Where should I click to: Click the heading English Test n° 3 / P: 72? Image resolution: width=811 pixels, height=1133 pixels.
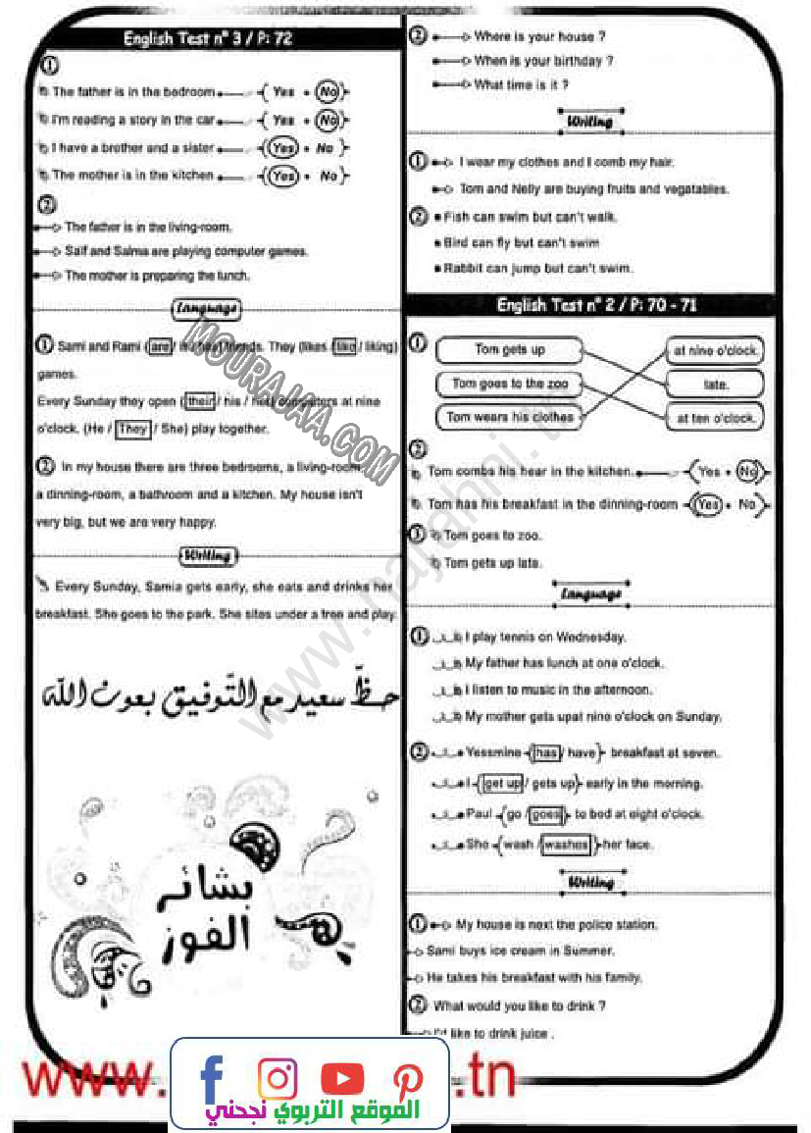(x=207, y=39)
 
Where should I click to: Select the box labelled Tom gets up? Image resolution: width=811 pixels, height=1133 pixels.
(x=509, y=350)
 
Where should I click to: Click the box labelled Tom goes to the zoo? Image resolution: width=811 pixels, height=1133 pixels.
(x=509, y=384)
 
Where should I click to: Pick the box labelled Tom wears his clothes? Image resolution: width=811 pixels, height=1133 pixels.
(x=509, y=417)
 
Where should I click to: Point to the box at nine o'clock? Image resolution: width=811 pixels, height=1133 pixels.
(x=716, y=351)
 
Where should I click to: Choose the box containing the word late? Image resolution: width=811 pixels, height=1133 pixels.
(x=716, y=385)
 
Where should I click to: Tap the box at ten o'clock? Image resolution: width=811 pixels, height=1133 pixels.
(x=716, y=418)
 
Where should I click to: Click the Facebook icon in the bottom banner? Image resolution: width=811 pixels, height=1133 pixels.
(x=212, y=1076)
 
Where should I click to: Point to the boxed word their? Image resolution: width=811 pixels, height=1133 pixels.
(x=200, y=401)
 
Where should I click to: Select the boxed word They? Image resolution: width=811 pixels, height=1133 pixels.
(x=132, y=429)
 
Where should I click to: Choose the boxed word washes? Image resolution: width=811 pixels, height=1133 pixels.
(x=567, y=844)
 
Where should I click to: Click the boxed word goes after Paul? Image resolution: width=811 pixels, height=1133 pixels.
(x=547, y=814)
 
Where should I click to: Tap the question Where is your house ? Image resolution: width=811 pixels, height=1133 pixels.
(x=539, y=37)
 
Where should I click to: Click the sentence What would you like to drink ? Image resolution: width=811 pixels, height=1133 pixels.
(x=519, y=1005)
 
